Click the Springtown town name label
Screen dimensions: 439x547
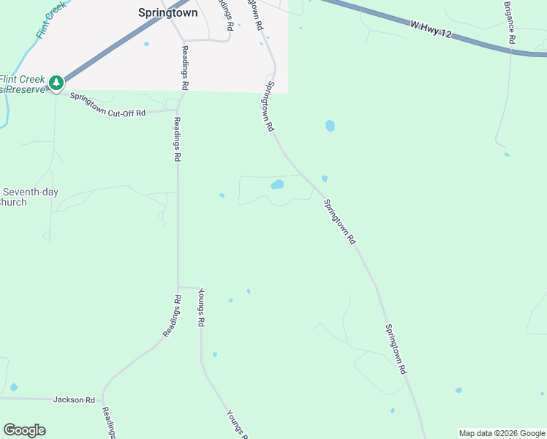pyautogui.click(x=167, y=12)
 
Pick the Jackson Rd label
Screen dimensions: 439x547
pyautogui.click(x=74, y=400)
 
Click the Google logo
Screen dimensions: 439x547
pyautogui.click(x=24, y=430)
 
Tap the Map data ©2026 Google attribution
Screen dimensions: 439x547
pyautogui.click(x=502, y=433)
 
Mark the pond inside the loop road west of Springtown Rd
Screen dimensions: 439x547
pyautogui.click(x=277, y=184)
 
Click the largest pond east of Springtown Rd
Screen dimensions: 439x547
pyautogui.click(x=330, y=126)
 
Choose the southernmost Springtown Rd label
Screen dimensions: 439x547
pyautogui.click(x=396, y=350)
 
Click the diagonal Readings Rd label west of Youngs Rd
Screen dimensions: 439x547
pyautogui.click(x=171, y=316)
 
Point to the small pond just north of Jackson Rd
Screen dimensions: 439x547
pyautogui.click(x=14, y=387)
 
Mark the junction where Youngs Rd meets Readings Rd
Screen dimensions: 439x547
pyautogui.click(x=179, y=287)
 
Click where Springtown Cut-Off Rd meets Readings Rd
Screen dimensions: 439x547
pyautogui.click(x=176, y=110)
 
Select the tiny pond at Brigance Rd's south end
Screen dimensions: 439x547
pyautogui.click(x=506, y=154)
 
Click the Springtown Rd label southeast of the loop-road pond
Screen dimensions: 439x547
pyautogui.click(x=340, y=222)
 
